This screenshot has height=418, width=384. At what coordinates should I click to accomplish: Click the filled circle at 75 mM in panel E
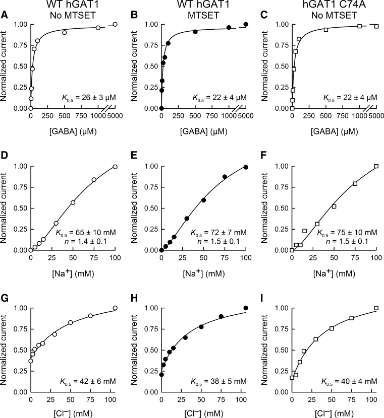coord(225,177)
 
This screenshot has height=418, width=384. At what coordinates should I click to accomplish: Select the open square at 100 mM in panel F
coord(376,166)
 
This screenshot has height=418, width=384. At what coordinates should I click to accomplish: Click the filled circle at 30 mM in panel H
coord(185,337)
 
